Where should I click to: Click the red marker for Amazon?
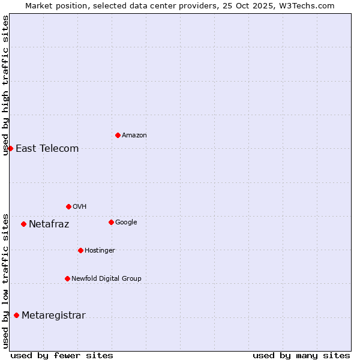118,135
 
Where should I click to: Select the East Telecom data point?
10,148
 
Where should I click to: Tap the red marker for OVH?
68,206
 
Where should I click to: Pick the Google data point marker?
111,222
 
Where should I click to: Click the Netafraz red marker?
23,224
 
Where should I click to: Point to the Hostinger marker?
80,250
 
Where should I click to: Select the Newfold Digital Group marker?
67,278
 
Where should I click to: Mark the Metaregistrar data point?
16,315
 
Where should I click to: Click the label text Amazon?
134,136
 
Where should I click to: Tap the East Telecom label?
47,149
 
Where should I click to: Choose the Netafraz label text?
49,224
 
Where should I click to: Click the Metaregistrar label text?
53,316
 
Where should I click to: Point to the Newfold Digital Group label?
106,278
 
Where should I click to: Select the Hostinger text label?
100,250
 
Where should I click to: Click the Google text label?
126,223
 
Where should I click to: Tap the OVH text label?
79,207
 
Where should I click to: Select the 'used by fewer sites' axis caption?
62,355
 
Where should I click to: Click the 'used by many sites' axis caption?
301,355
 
